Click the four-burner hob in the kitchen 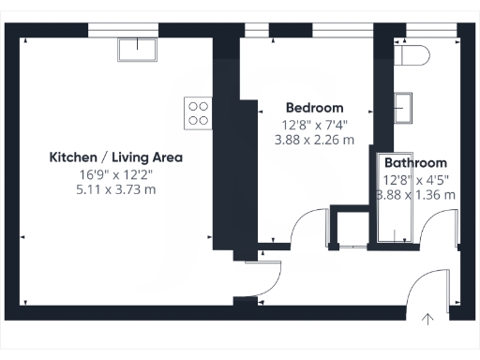pyautogui.click(x=198, y=112)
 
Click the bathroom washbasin pyautogui.click(x=404, y=107)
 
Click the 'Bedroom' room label pyautogui.click(x=314, y=108)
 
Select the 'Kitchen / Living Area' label pyautogui.click(x=115, y=157)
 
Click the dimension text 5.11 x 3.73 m pyautogui.click(x=115, y=189)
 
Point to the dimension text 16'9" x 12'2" pyautogui.click(x=115, y=174)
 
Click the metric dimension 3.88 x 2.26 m pyautogui.click(x=314, y=140)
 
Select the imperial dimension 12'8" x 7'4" pyautogui.click(x=314, y=124)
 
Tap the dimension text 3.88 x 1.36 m pyautogui.click(x=415, y=195)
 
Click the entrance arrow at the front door pyautogui.click(x=428, y=319)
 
